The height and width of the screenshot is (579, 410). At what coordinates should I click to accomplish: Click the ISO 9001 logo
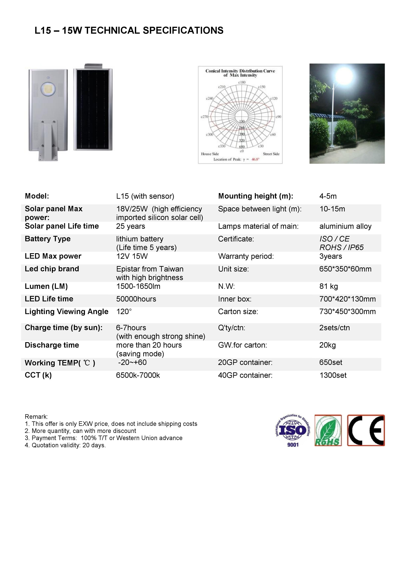pyautogui.click(x=293, y=430)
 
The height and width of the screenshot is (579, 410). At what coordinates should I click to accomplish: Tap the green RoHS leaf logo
pyautogui.click(x=328, y=430)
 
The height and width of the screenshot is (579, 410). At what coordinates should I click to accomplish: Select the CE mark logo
pyautogui.click(x=366, y=430)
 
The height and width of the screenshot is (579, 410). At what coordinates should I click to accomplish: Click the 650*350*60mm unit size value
pyautogui.click(x=345, y=269)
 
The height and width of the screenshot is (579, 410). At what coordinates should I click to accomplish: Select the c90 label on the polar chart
pyautogui.click(x=278, y=117)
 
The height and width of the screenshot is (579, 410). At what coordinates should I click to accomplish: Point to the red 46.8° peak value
pyautogui.click(x=255, y=159)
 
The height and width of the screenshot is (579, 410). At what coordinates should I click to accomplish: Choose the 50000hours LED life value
pyautogui.click(x=136, y=299)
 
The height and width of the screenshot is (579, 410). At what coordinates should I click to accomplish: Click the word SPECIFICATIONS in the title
pyautogui.click(x=183, y=31)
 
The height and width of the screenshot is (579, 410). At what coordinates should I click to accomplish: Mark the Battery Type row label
pyautogui.click(x=48, y=239)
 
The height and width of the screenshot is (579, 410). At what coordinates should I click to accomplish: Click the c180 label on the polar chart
pyautogui.click(x=242, y=82)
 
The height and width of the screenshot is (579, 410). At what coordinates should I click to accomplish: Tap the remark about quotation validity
pyautogui.click(x=65, y=445)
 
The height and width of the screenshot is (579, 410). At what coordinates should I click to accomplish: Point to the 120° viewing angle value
pyautogui.click(x=124, y=312)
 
